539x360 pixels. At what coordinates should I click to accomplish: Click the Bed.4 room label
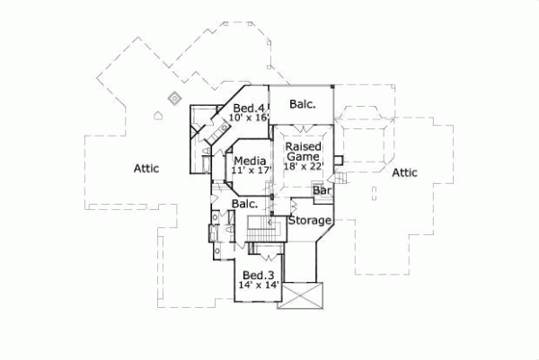point(248,108)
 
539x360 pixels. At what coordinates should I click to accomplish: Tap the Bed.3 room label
point(259,275)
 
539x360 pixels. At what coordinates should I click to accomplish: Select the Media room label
point(249,159)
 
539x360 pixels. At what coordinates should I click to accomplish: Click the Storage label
point(310,220)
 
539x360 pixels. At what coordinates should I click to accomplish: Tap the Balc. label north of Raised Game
point(302,104)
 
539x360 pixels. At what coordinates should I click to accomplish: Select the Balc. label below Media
point(245,205)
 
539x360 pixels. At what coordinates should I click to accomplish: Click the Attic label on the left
point(146,167)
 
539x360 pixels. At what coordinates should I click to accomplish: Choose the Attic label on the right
point(406,172)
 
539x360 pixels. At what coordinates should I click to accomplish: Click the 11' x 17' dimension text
point(251,169)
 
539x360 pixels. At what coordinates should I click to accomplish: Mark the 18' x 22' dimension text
point(305,166)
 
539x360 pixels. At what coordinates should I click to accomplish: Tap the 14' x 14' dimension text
point(259,285)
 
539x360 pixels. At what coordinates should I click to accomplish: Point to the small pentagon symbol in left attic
point(159,115)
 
